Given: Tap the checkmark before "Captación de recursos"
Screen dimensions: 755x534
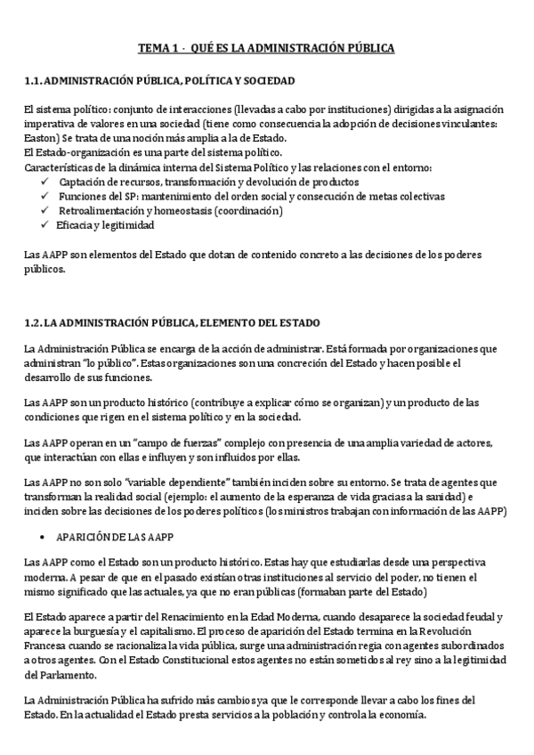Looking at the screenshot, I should point(46,182).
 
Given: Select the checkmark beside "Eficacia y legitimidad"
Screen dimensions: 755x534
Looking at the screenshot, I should point(46,225).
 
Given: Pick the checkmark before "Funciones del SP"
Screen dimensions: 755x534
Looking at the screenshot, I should point(46,196).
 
